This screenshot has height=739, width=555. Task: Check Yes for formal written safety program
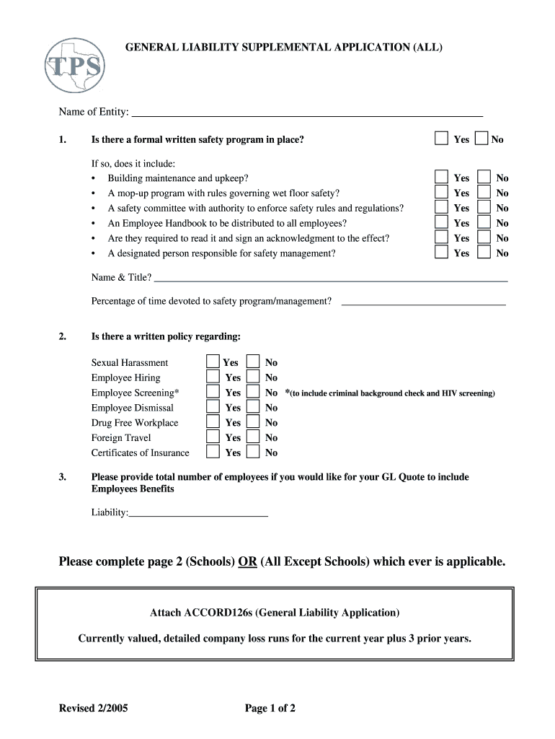[441, 139]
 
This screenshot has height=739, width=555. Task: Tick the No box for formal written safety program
[482, 139]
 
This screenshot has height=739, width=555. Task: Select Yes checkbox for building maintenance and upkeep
[441, 178]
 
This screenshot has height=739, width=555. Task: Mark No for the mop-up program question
[485, 193]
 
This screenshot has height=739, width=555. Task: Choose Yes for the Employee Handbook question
[441, 223]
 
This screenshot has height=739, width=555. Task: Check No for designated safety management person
[485, 253]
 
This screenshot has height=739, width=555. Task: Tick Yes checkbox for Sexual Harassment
[213, 362]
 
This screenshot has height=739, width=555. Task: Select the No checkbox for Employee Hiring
[253, 377]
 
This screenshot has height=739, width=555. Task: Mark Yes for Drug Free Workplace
[213, 422]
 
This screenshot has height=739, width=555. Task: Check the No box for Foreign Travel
[253, 437]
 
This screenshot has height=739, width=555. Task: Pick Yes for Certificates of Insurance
[213, 452]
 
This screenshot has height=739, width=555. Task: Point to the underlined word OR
[248, 561]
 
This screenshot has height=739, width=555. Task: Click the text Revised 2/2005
[94, 708]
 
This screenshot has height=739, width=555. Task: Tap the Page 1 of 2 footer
[270, 708]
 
